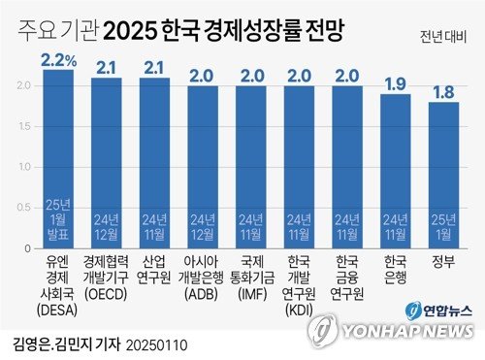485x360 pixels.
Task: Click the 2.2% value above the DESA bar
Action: [x=58, y=59]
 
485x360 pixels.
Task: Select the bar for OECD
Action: [x=106, y=155]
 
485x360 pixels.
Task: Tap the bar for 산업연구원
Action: [x=154, y=155]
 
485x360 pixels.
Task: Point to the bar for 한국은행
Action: [x=396, y=165]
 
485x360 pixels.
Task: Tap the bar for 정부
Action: [x=443, y=170]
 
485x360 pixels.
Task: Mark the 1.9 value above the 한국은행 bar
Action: [x=396, y=82]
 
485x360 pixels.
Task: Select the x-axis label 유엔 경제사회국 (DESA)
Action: [x=58, y=286]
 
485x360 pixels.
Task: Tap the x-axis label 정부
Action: [x=443, y=261]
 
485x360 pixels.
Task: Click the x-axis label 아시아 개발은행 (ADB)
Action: [x=203, y=278]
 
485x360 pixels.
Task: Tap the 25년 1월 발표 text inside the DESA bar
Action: [x=58, y=219]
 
